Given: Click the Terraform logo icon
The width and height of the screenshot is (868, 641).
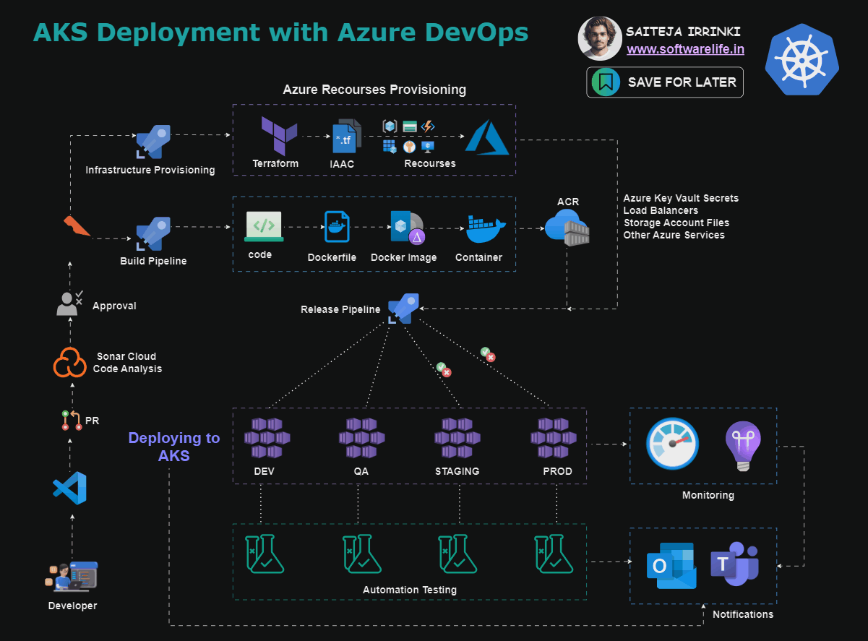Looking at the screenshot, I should tap(279, 135).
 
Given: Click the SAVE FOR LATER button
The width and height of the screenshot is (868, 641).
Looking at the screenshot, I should tap(665, 82).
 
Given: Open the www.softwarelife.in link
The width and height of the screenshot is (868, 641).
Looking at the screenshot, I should tap(685, 49).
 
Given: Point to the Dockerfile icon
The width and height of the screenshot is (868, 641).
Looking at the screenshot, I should tap(336, 227).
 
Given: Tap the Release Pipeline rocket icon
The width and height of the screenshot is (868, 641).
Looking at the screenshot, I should tap(402, 308).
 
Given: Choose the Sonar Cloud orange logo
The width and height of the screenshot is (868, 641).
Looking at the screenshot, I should tap(69, 363).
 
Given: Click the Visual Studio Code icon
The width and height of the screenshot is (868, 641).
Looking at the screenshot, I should tap(70, 489).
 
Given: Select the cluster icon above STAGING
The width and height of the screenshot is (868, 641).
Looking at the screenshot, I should tap(457, 437).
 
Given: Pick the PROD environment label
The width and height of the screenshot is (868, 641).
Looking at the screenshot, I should tap(557, 471).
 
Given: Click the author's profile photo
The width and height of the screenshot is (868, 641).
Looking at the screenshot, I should tap(599, 38).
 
